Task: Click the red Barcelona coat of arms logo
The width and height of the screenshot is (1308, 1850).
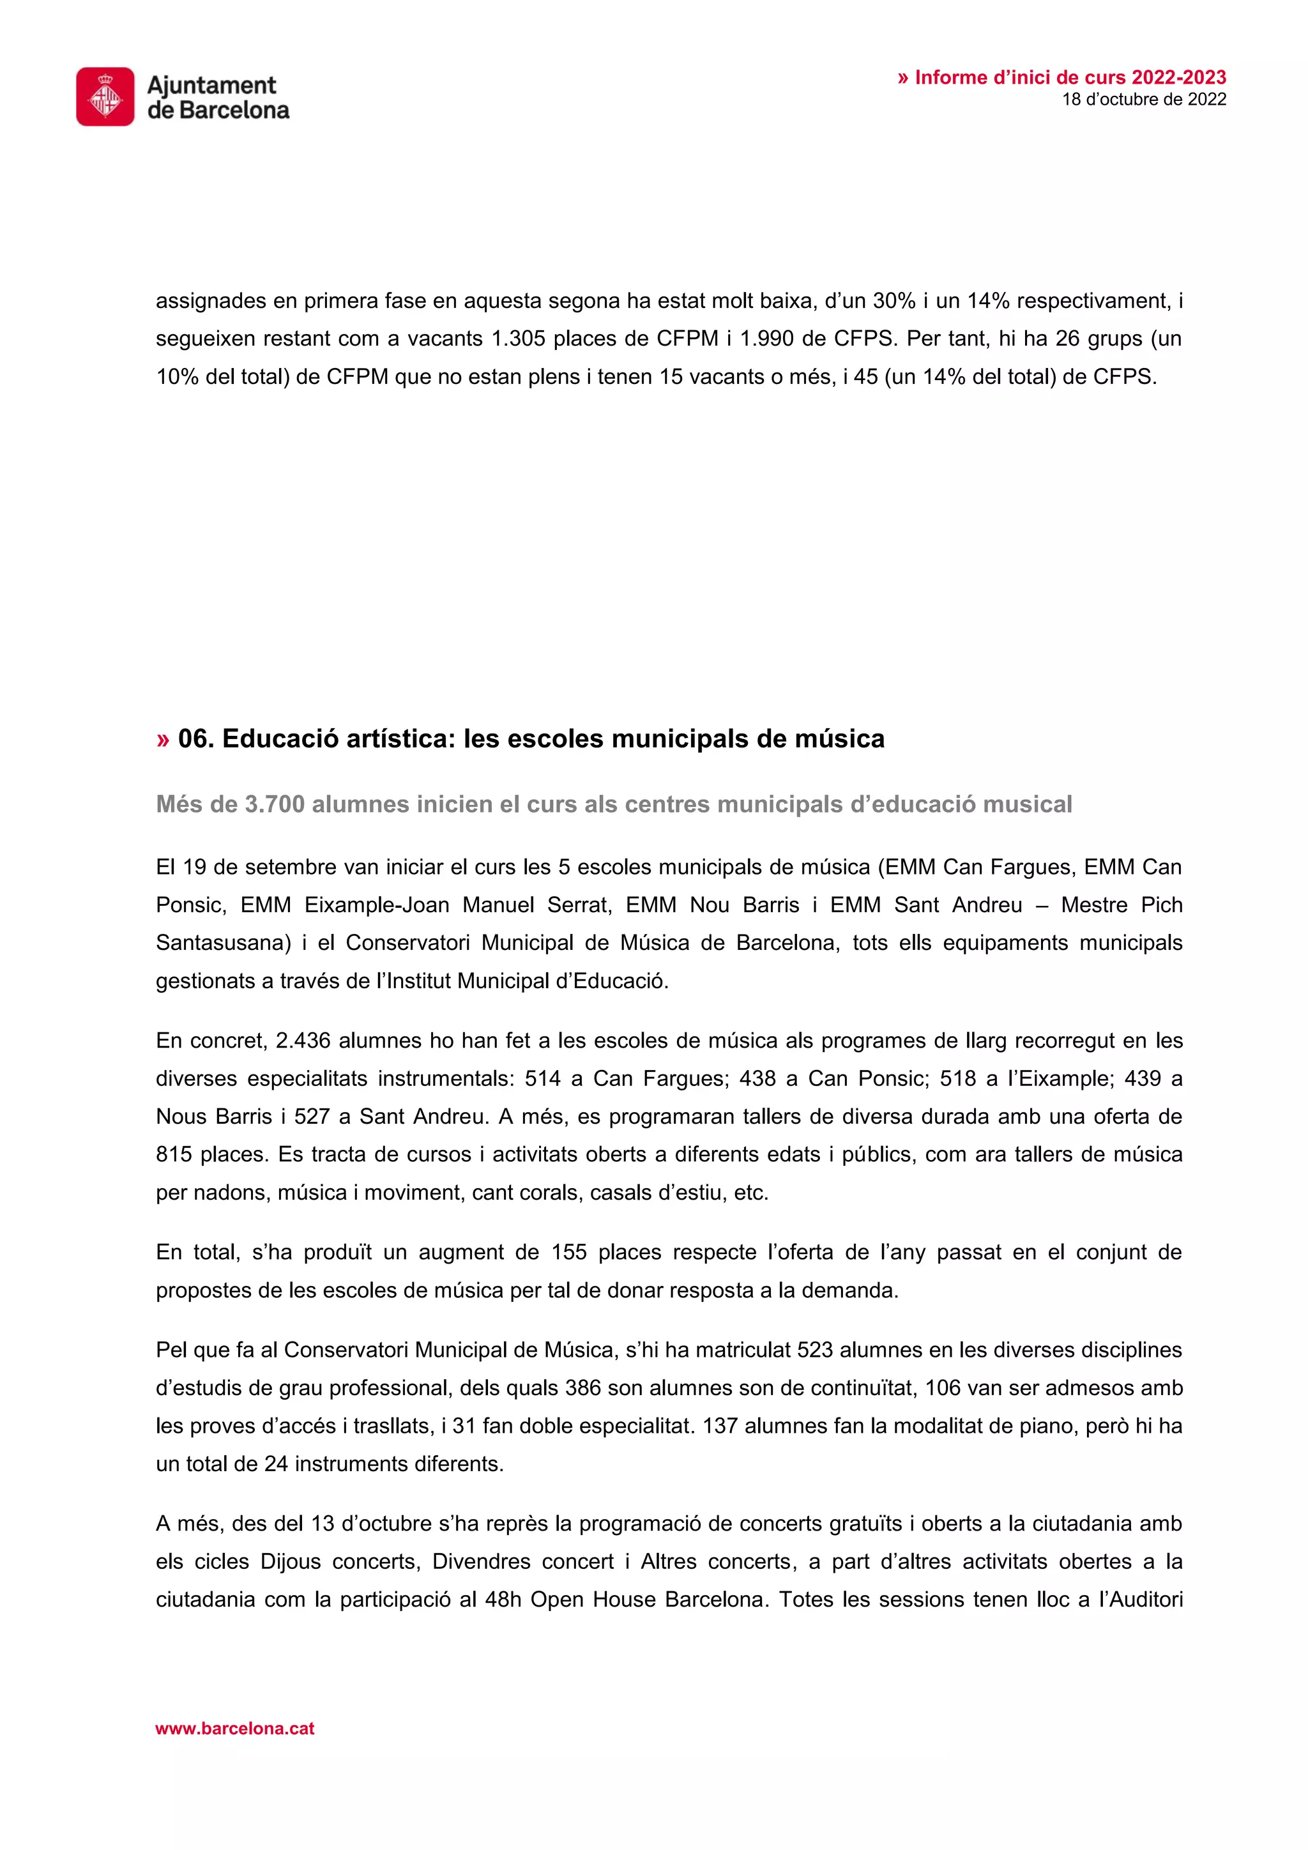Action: (x=105, y=96)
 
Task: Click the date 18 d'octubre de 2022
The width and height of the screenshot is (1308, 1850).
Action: (x=1144, y=100)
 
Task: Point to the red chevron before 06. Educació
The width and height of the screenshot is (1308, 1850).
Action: (x=163, y=739)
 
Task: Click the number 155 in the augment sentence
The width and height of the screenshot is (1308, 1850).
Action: (x=568, y=1252)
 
